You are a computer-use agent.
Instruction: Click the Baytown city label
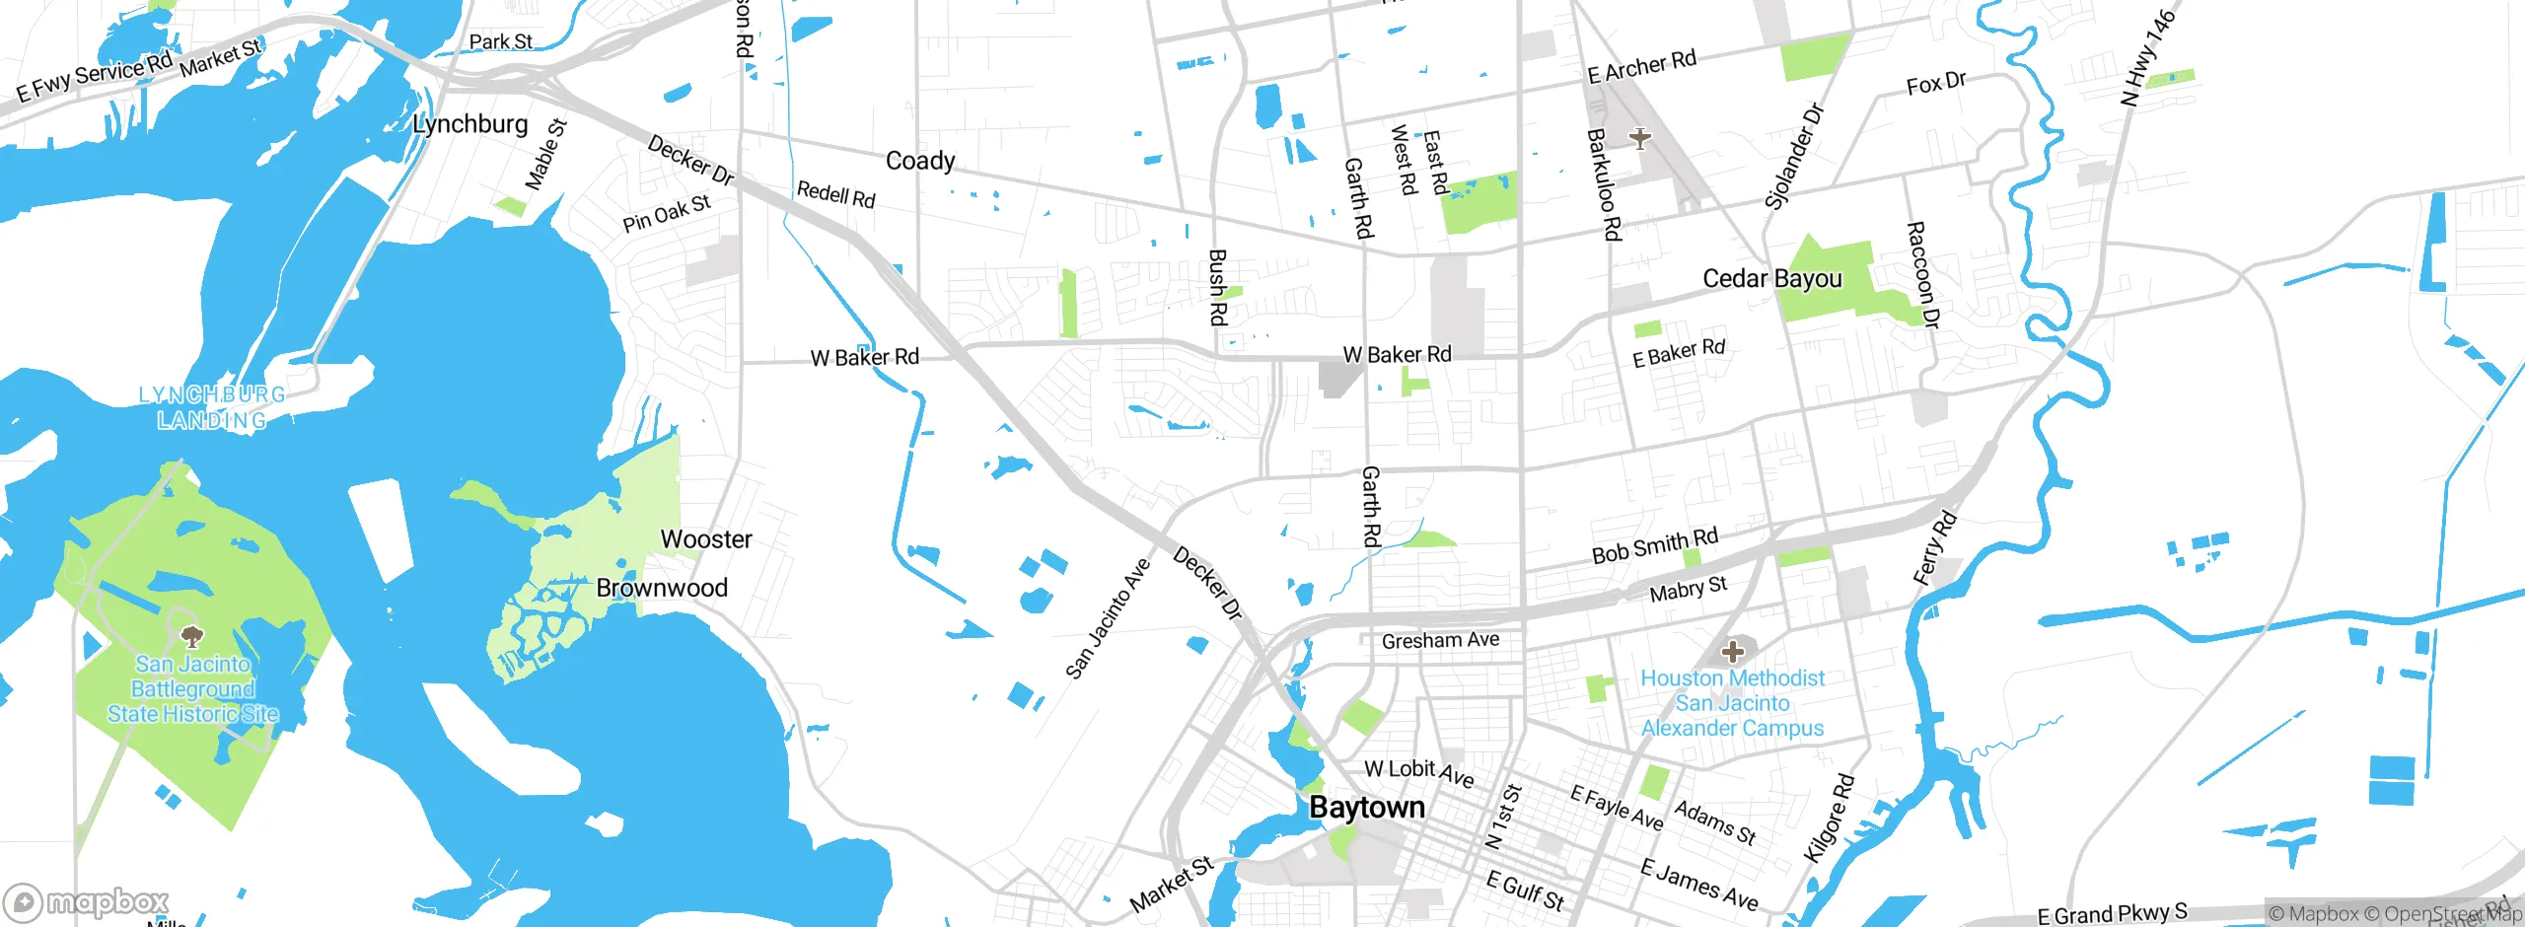[1366, 808]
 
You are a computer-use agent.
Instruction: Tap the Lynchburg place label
[469, 124]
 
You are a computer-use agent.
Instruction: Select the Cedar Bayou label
[1771, 279]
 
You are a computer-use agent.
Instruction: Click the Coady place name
[919, 161]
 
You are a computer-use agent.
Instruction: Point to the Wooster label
[705, 539]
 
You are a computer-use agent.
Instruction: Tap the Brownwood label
[661, 588]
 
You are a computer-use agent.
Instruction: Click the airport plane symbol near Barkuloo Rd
[1639, 138]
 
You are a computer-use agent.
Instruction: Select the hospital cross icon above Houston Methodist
[1732, 651]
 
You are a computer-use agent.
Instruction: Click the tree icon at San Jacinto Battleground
[192, 635]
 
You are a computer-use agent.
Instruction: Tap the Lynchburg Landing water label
[212, 407]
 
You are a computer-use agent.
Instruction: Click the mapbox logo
[87, 901]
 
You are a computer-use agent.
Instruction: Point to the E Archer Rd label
[1641, 66]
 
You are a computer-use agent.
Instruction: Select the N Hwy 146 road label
[2147, 59]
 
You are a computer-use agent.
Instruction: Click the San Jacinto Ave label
[1108, 618]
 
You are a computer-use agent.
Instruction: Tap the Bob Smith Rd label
[1654, 544]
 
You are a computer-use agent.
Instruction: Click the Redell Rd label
[835, 193]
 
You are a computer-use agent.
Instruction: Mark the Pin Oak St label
[666, 213]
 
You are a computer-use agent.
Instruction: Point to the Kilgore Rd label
[1830, 819]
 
